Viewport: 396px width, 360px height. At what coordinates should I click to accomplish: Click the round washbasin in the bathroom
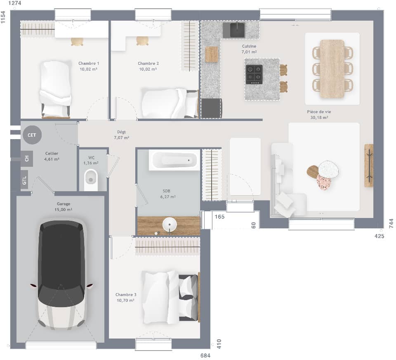pos(169,225)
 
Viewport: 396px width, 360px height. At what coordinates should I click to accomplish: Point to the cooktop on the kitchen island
pos(254,74)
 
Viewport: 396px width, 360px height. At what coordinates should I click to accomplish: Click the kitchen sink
pos(234,30)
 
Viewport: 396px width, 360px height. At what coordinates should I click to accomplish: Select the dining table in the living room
pos(332,69)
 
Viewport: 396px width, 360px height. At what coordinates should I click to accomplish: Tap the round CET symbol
pos(32,135)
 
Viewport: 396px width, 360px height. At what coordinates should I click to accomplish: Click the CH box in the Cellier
pos(26,158)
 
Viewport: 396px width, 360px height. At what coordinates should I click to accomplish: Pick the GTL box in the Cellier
pos(25,180)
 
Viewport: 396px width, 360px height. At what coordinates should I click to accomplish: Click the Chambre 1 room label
pos(89,63)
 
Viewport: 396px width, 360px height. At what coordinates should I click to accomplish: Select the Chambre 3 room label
pos(126,294)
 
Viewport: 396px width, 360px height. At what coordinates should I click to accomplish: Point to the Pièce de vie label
pos(319,112)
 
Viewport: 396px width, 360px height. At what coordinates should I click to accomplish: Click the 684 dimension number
pos(205,355)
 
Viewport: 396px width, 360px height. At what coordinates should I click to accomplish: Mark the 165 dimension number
pos(219,216)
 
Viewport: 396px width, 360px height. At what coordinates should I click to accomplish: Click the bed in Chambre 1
pos(55,88)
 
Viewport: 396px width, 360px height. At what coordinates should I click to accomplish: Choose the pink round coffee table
pos(324,182)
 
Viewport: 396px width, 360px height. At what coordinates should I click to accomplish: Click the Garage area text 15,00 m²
pos(64,210)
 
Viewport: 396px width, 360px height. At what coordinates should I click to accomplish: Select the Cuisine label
pos(249,46)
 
